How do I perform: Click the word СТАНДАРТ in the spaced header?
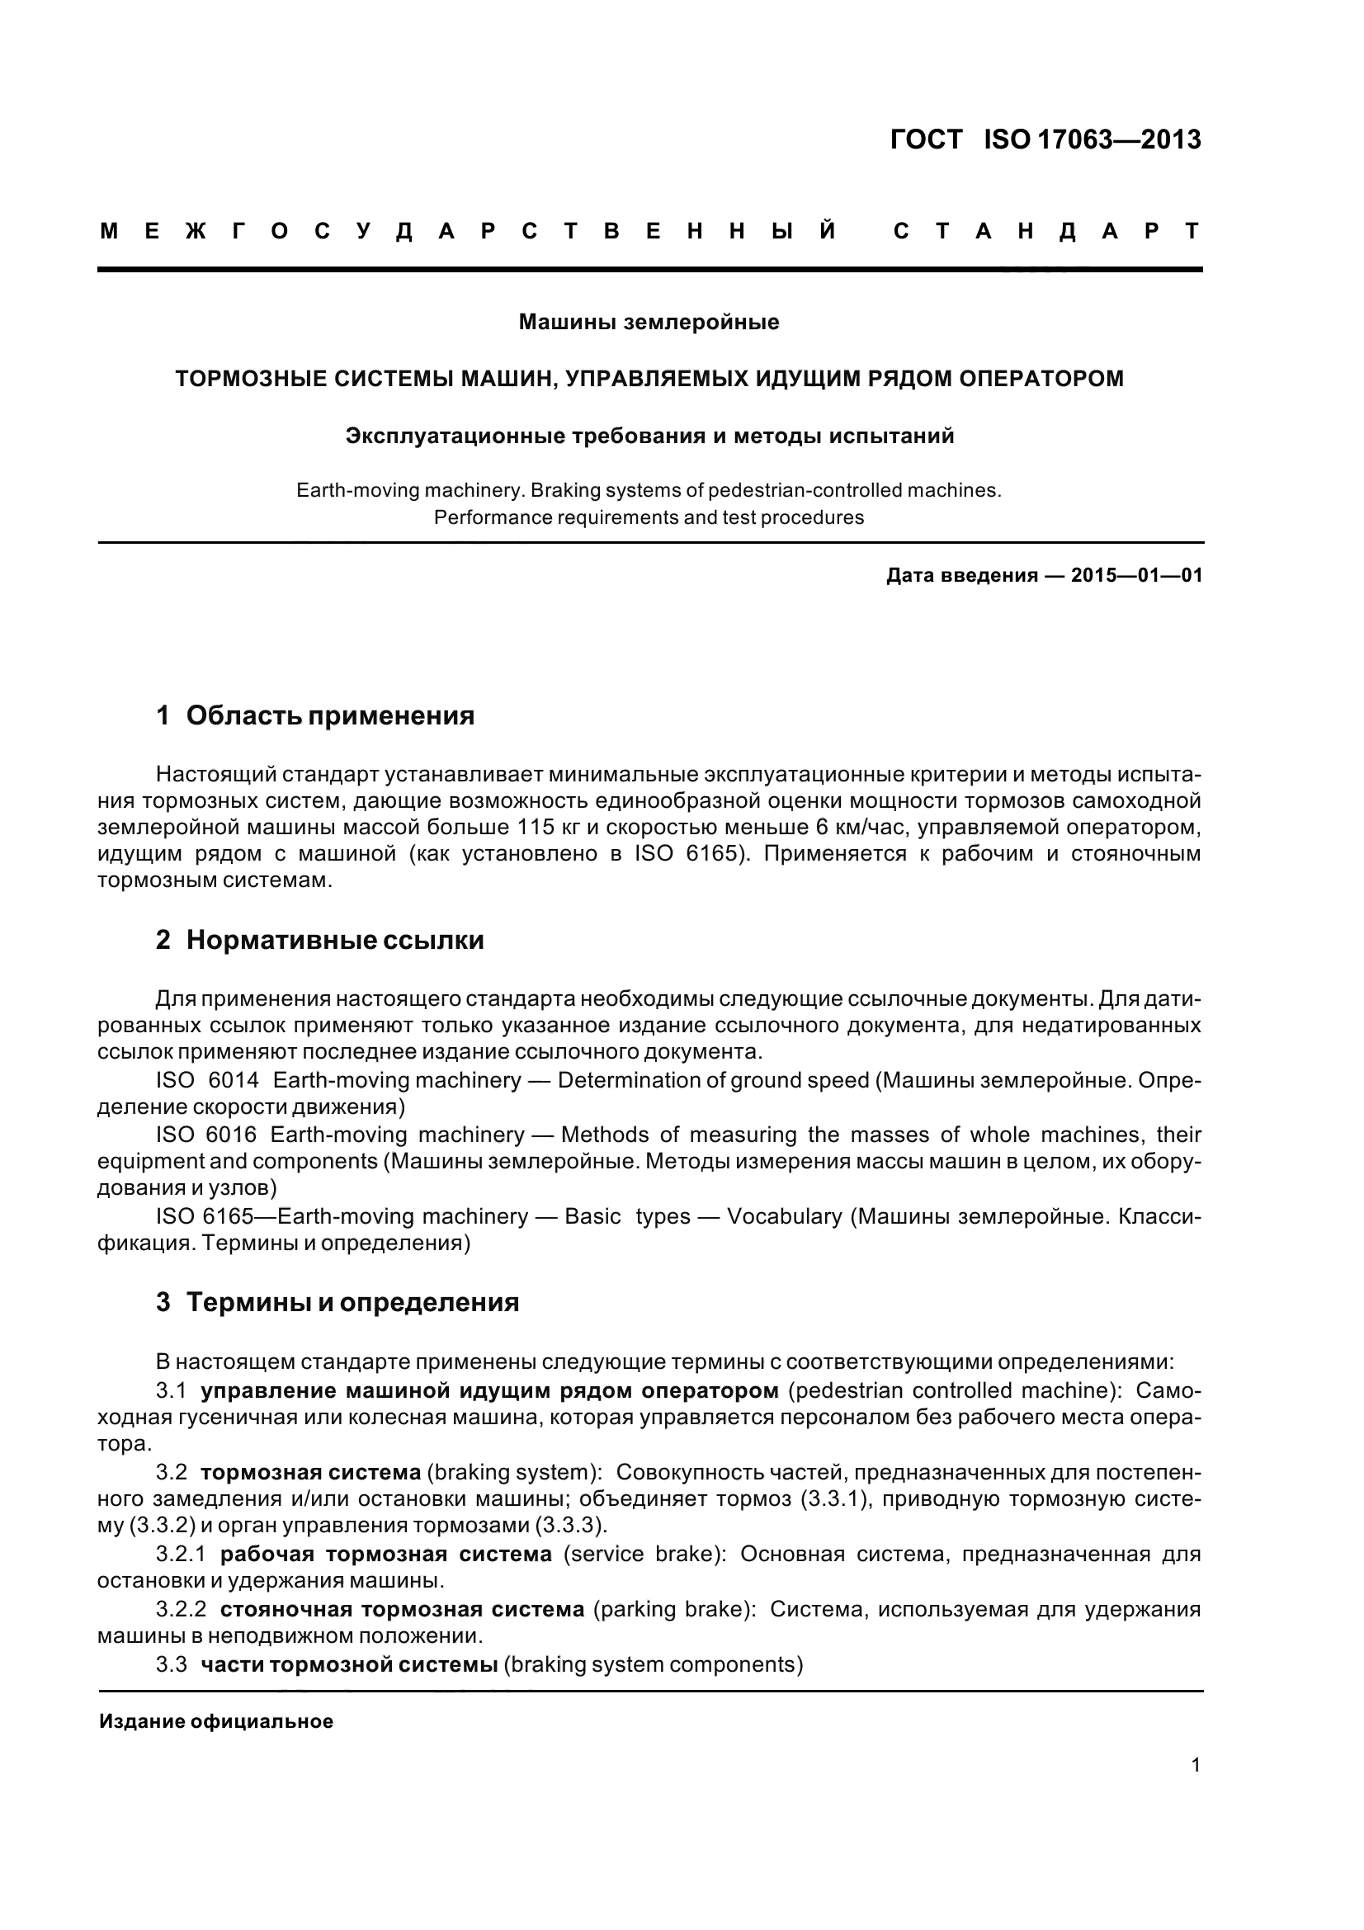(x=1046, y=232)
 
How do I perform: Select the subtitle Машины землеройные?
(x=648, y=322)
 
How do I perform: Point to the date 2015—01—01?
(x=1136, y=576)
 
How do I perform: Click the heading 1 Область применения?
(x=315, y=716)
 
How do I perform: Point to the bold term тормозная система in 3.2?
(x=311, y=1473)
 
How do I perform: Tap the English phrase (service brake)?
(x=644, y=1555)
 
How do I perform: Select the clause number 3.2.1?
(x=181, y=1555)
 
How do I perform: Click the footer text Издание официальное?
(x=216, y=1721)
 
